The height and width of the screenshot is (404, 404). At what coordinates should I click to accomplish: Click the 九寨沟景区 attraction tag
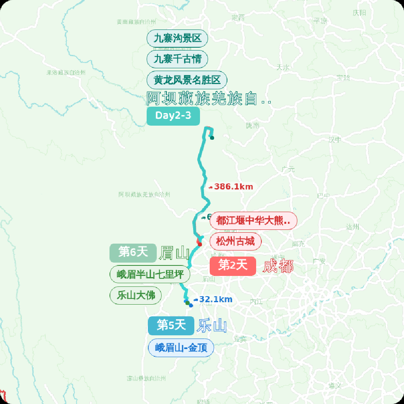click(x=177, y=39)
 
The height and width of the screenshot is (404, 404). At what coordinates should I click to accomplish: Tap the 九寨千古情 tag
click(x=177, y=59)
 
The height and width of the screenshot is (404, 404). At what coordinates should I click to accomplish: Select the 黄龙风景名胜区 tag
click(x=187, y=80)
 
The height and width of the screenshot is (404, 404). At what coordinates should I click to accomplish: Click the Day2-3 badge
click(x=173, y=116)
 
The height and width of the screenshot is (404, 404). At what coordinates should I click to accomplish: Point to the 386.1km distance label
click(x=233, y=187)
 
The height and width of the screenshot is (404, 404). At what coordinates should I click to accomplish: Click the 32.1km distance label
click(x=215, y=299)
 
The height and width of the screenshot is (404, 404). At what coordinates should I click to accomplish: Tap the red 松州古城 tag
click(x=236, y=242)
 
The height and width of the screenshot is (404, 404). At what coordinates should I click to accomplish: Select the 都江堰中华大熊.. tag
click(x=253, y=221)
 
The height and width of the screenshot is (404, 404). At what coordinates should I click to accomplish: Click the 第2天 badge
click(x=233, y=265)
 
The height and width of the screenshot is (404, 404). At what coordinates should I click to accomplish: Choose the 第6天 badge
click(x=133, y=253)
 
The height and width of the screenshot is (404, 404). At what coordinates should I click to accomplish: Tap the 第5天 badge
click(x=171, y=325)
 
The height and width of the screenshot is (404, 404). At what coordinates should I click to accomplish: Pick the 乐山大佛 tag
click(x=136, y=295)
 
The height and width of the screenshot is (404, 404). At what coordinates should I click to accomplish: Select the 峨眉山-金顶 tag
click(x=181, y=348)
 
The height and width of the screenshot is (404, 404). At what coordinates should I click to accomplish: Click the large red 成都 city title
click(x=278, y=266)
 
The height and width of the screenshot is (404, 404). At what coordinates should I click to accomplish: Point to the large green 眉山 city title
click(x=174, y=253)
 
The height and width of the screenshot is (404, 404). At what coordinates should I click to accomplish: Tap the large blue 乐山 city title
click(x=212, y=326)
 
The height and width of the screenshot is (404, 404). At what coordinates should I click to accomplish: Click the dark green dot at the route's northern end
click(x=212, y=138)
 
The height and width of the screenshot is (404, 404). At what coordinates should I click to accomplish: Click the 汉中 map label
click(x=335, y=140)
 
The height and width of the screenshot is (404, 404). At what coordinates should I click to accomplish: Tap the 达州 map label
click(x=352, y=227)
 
